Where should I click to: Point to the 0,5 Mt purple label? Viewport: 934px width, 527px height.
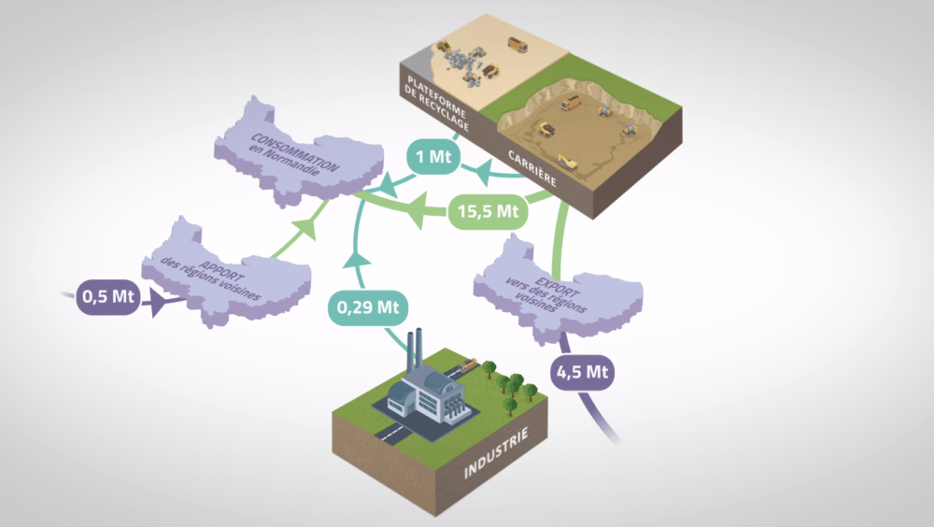click(107, 297)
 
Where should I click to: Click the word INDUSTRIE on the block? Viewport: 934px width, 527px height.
click(496, 452)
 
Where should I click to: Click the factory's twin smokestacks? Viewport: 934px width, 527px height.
click(415, 350)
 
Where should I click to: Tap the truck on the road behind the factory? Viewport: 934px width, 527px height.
click(466, 363)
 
